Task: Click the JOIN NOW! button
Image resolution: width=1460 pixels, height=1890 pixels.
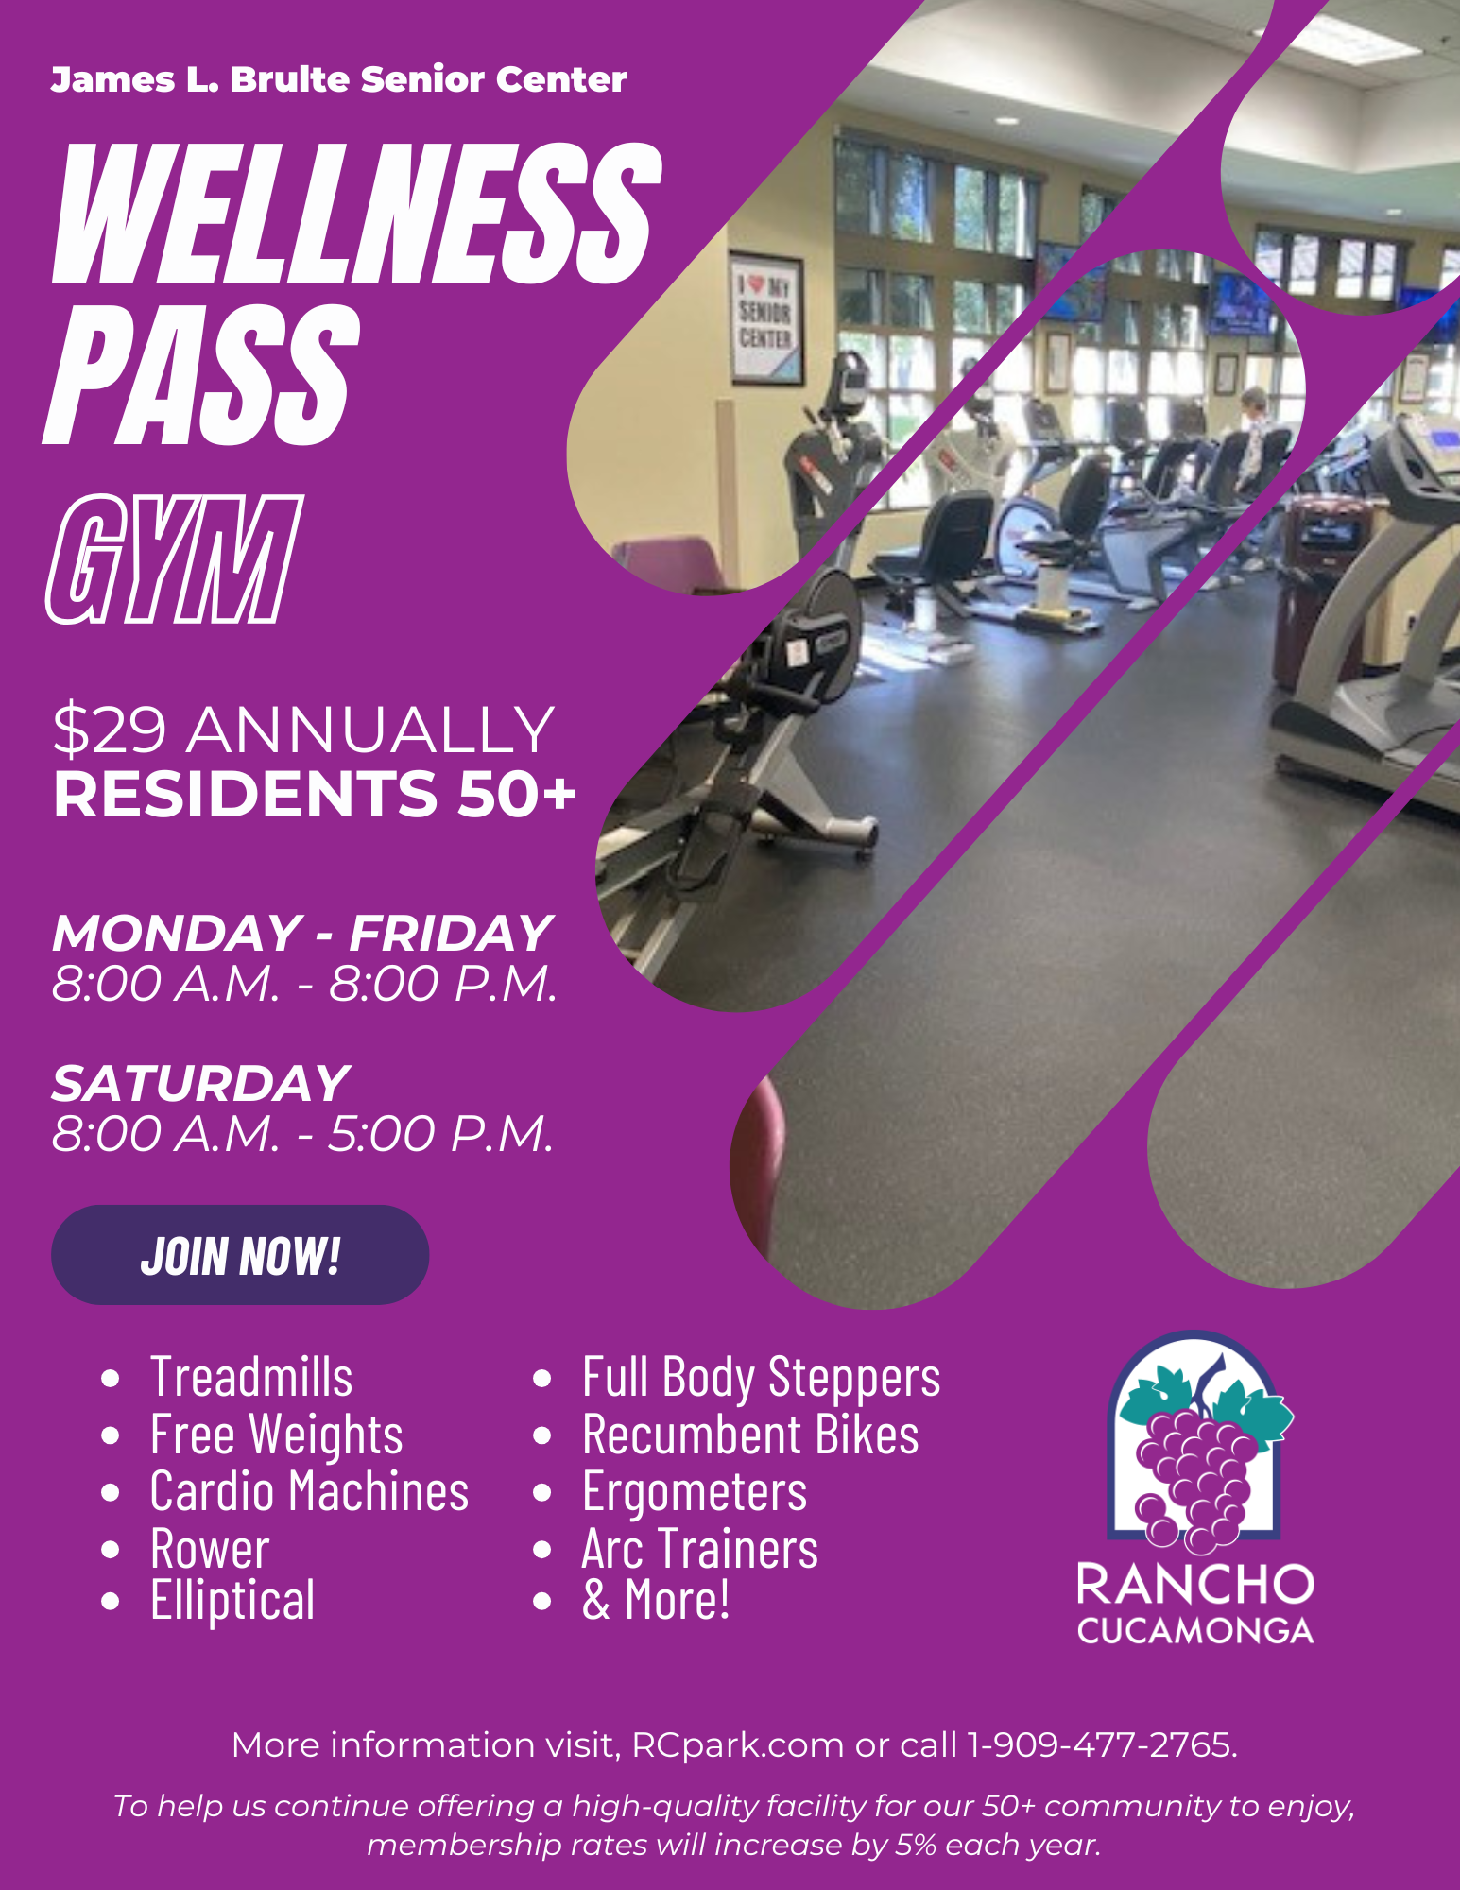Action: point(240,1255)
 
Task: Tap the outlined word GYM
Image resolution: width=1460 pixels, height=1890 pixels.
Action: point(175,558)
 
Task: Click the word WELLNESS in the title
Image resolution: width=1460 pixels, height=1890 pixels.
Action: point(356,215)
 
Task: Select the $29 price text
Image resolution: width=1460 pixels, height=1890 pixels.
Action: point(110,730)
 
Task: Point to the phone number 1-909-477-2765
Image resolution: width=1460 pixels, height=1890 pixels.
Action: point(1101,1744)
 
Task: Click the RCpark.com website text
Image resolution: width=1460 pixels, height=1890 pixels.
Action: point(737,1745)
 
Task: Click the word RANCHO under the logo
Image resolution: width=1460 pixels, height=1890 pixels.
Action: point(1195,1585)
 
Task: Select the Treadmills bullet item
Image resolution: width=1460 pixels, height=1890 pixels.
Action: point(251,1377)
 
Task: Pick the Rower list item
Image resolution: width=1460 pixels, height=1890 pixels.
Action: point(210,1550)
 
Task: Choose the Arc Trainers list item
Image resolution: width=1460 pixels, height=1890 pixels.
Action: point(700,1550)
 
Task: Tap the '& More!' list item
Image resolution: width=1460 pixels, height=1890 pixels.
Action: point(656,1600)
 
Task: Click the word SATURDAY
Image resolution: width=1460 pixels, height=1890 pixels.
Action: point(200,1083)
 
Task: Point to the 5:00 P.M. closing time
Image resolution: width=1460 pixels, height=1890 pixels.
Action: point(440,1134)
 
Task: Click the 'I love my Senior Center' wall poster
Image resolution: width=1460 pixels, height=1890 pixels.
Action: point(765,318)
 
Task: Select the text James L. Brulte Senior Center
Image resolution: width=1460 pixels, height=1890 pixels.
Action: point(338,79)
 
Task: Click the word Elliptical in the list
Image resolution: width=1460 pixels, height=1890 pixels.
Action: point(232,1601)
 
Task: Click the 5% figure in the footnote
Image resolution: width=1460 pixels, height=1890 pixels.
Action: point(917,1845)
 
